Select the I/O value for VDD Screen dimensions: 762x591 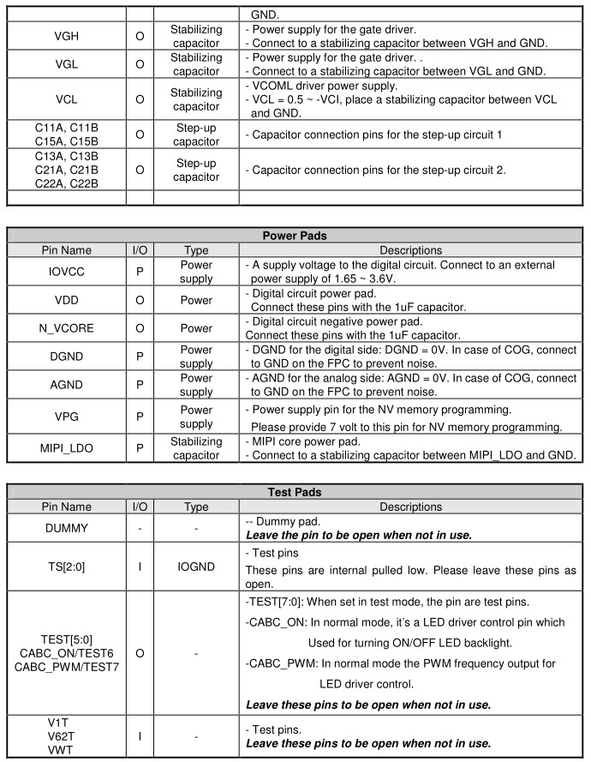pyautogui.click(x=140, y=300)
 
